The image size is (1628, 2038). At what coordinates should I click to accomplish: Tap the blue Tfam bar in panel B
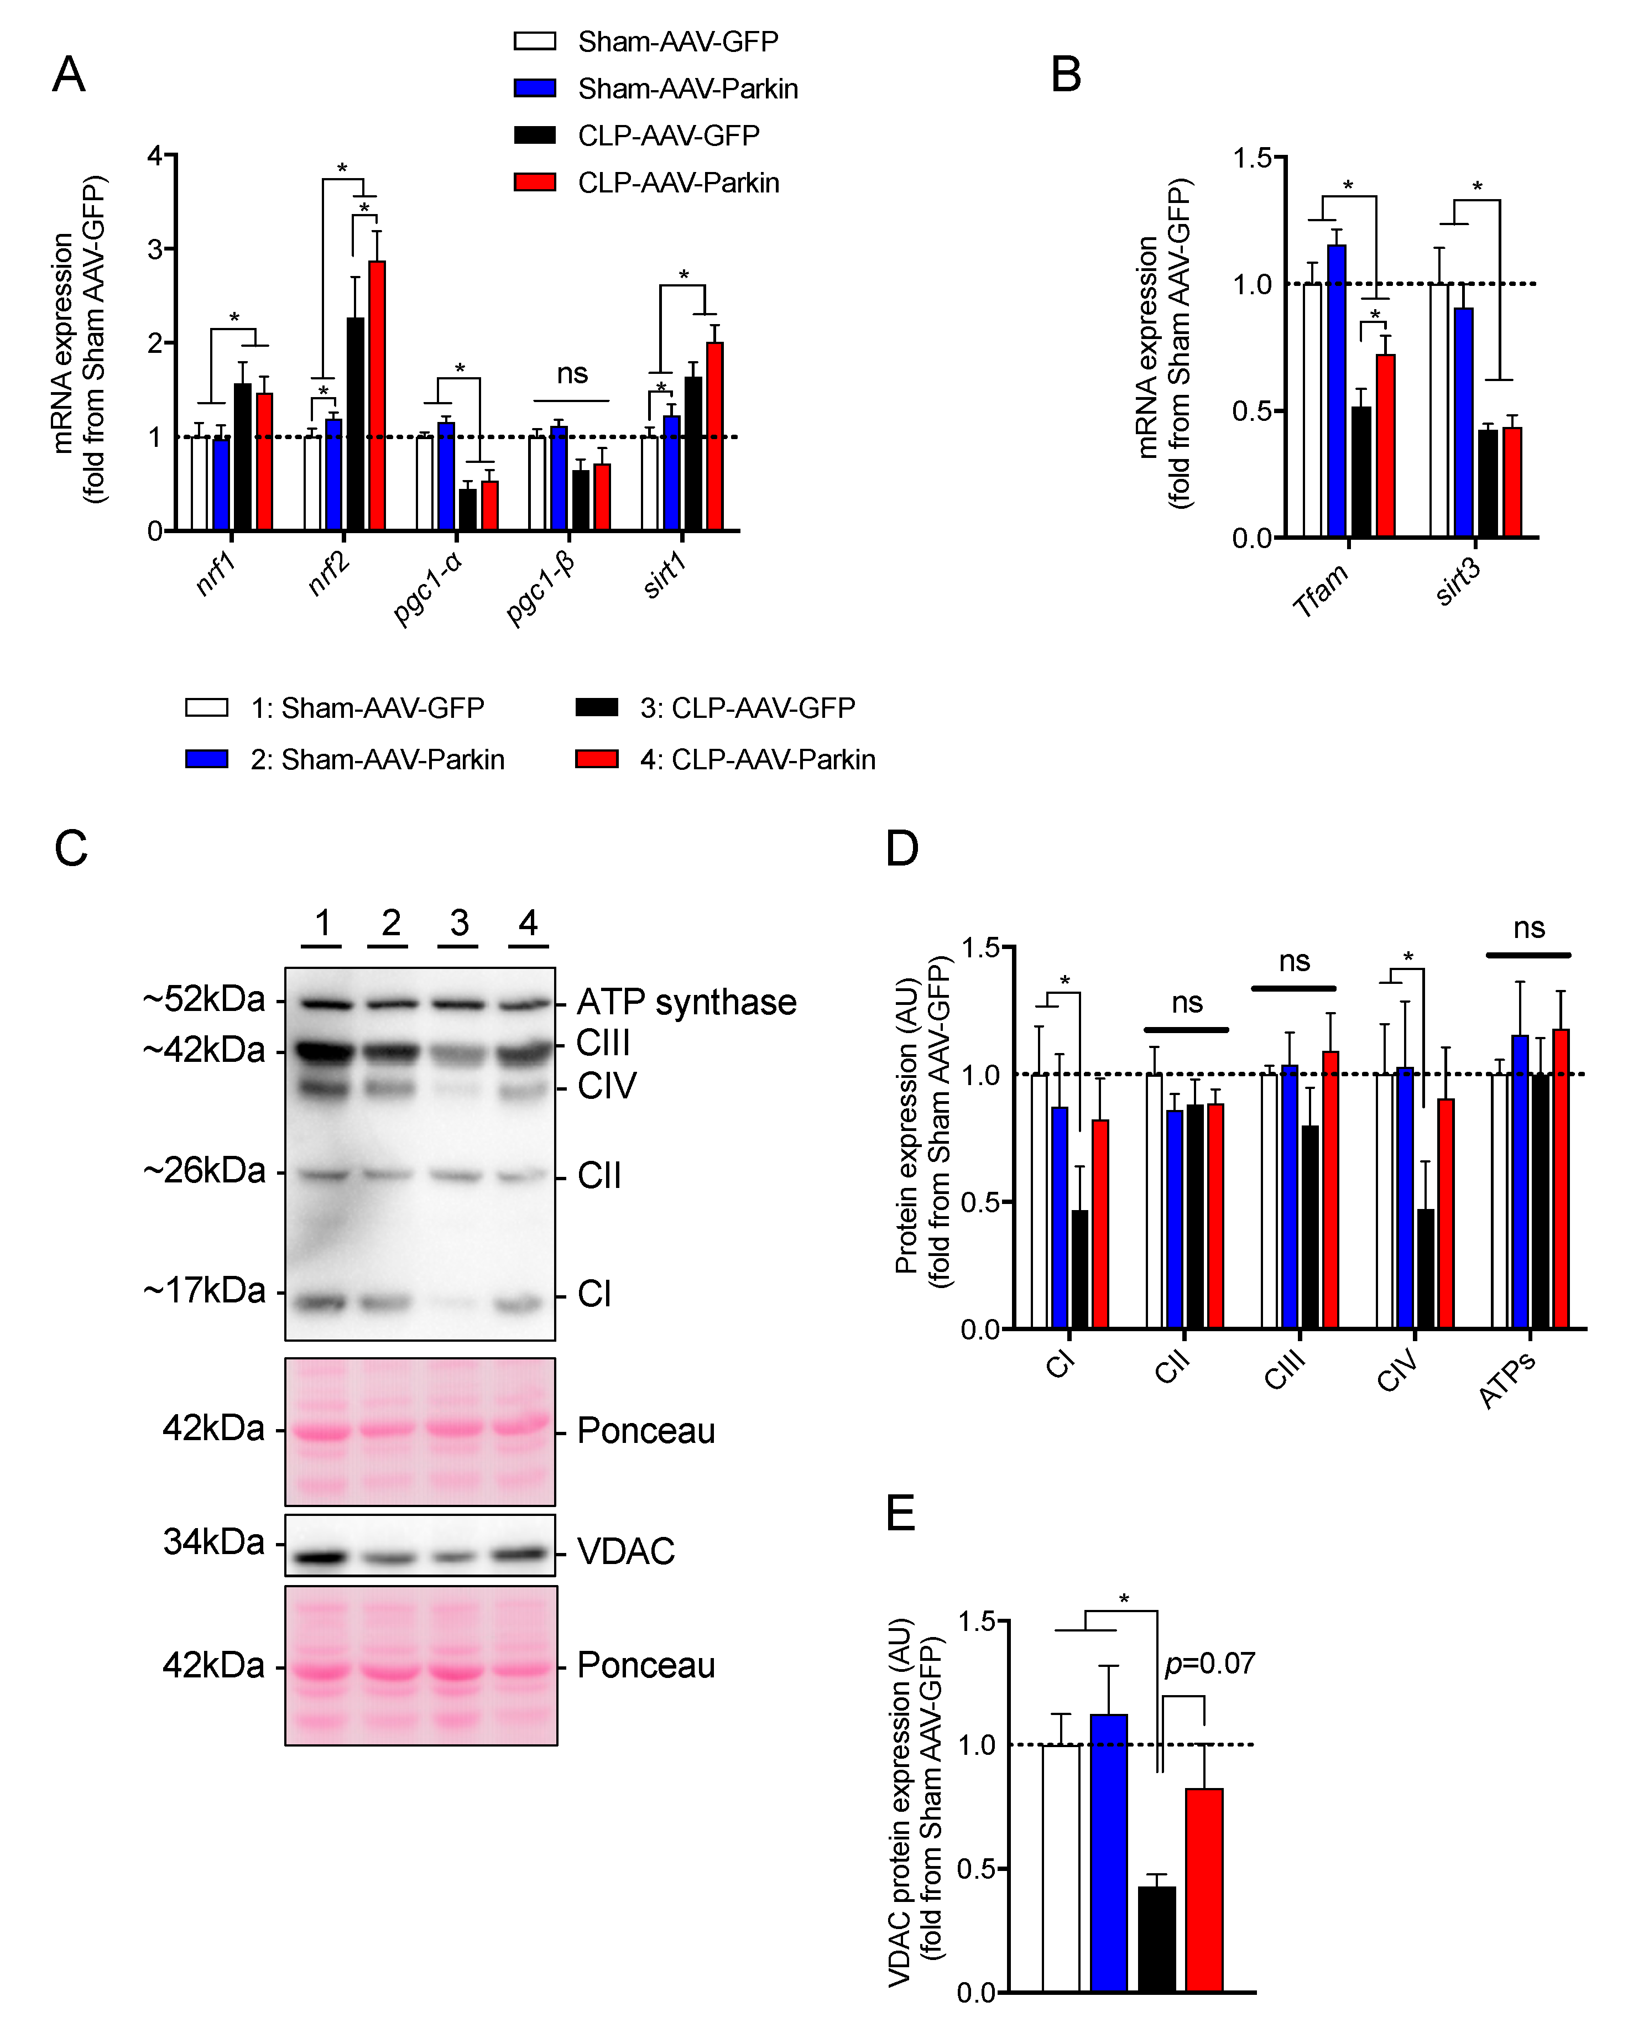(x=1337, y=392)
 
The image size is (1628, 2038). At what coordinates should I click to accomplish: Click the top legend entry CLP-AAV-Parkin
(x=678, y=183)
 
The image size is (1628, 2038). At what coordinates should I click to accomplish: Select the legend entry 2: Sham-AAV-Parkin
(x=376, y=759)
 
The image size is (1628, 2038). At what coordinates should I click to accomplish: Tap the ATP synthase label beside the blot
(x=686, y=1002)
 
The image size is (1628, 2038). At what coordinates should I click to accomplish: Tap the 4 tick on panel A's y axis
(x=155, y=156)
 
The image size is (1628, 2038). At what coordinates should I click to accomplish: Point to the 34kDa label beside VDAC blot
(x=213, y=1542)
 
